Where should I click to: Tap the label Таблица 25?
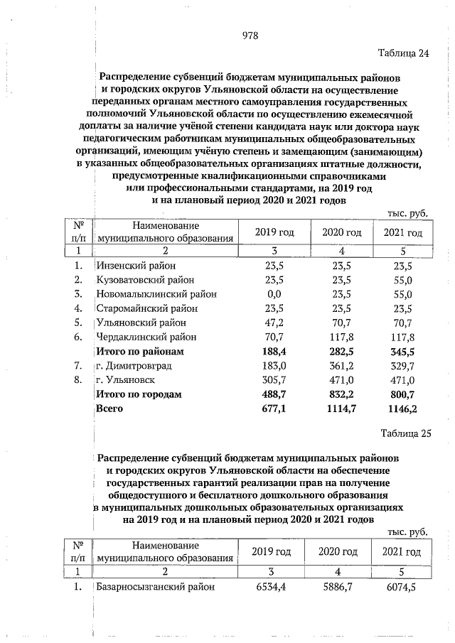click(x=406, y=434)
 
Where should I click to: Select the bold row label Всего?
click(x=110, y=409)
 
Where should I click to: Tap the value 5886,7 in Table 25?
click(x=338, y=587)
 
